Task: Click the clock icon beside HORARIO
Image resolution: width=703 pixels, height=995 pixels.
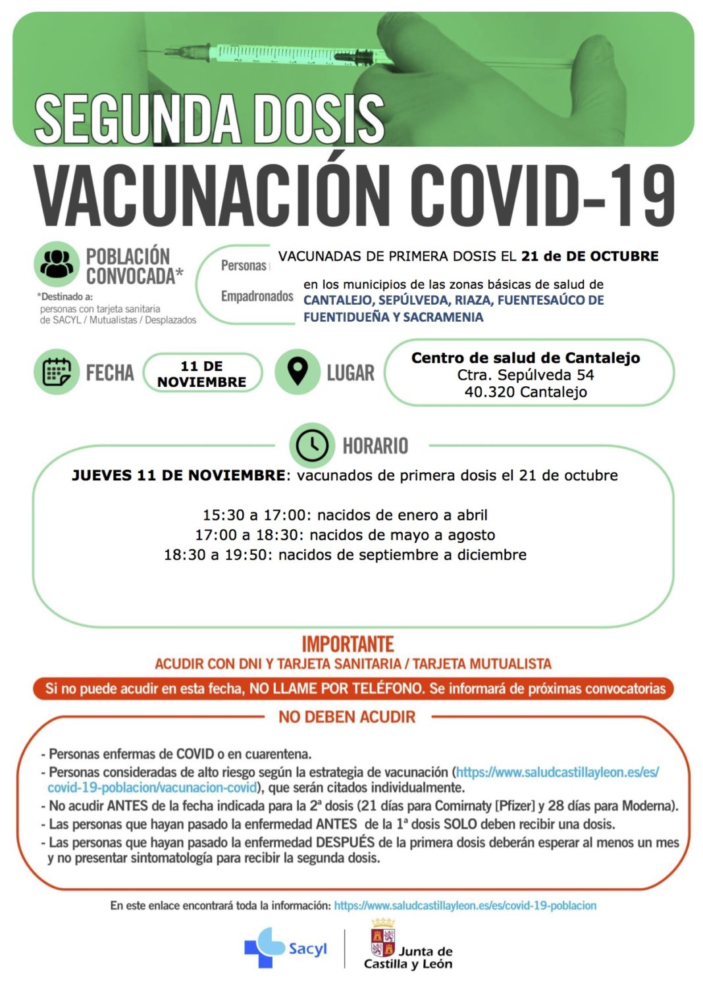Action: (x=311, y=446)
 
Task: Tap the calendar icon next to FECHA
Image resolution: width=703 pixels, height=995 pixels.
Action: (x=57, y=372)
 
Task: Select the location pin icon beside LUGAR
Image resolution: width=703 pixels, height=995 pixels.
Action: (x=298, y=372)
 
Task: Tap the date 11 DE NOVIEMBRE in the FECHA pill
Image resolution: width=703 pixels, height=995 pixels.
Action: (x=202, y=374)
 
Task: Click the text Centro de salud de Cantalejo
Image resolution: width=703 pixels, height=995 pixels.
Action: (x=525, y=358)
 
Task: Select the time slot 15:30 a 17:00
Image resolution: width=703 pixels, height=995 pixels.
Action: (x=253, y=515)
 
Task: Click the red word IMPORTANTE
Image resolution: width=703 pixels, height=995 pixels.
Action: (x=348, y=644)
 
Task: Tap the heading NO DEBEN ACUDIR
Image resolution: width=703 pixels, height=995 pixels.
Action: (x=347, y=717)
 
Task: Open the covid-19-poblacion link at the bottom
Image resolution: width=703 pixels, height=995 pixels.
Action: (x=465, y=906)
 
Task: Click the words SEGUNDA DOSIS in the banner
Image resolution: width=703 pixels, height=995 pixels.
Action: (x=209, y=118)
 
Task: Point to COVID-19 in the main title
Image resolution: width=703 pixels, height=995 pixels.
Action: (x=543, y=195)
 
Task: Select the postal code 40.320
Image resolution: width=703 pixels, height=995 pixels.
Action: (x=489, y=392)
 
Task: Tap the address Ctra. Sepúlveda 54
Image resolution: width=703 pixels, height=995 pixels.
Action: (x=525, y=375)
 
